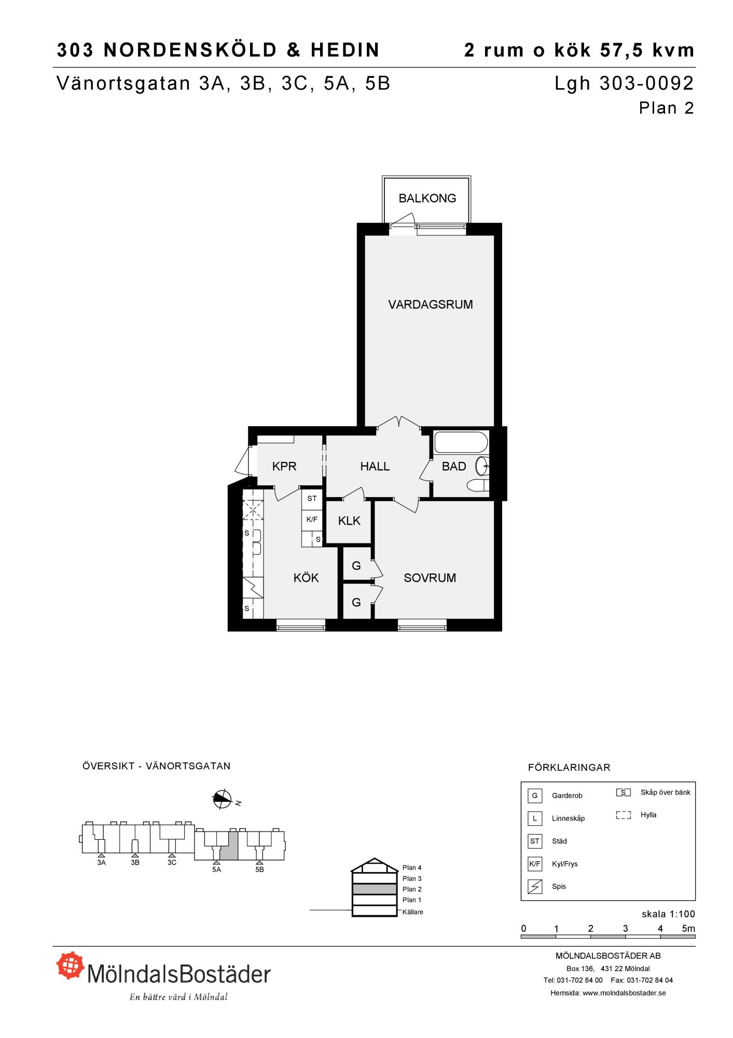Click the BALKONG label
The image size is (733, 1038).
point(427,198)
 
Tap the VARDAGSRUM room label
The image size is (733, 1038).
point(431,305)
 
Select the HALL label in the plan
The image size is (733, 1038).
point(375,467)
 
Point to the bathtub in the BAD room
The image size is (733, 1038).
point(461,443)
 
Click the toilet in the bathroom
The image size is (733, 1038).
point(478,486)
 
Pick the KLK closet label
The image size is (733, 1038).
point(349,521)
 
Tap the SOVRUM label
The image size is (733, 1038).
point(430,578)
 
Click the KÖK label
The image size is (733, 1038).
point(306,578)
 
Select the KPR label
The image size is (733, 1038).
point(284,467)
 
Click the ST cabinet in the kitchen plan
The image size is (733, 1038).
point(312,499)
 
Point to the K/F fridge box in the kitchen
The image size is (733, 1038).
point(312,520)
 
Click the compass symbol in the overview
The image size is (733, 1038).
point(222,800)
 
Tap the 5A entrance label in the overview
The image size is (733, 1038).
point(216,870)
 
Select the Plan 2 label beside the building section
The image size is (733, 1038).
point(412,889)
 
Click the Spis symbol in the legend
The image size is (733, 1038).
point(534,886)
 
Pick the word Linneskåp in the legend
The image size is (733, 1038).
point(568,818)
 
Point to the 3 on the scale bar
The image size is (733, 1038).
point(626,928)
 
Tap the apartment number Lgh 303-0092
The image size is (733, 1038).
point(624,84)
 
